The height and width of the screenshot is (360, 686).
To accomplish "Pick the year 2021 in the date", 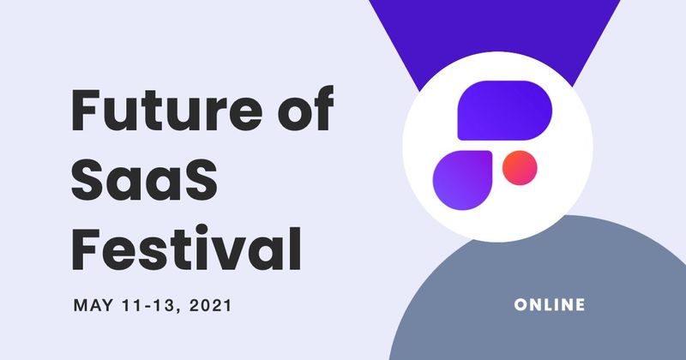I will click(215, 305).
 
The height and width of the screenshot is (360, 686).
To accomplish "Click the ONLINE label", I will click(551, 305).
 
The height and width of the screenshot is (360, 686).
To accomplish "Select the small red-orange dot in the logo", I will click(519, 167).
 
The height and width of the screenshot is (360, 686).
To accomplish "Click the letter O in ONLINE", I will click(520, 305).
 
